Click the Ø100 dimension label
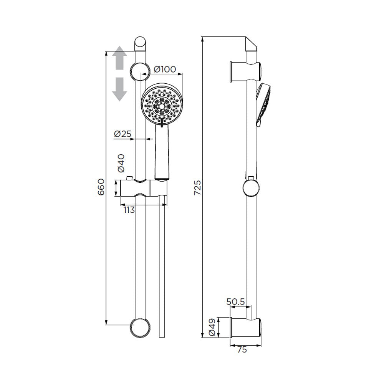pos(165,69)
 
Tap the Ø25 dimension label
pos(123,134)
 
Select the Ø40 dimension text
pos(121,163)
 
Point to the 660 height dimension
pos(101,187)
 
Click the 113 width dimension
pos(129,210)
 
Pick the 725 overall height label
pos(197,188)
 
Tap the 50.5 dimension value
pos(236,302)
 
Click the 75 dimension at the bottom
pos(242,349)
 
